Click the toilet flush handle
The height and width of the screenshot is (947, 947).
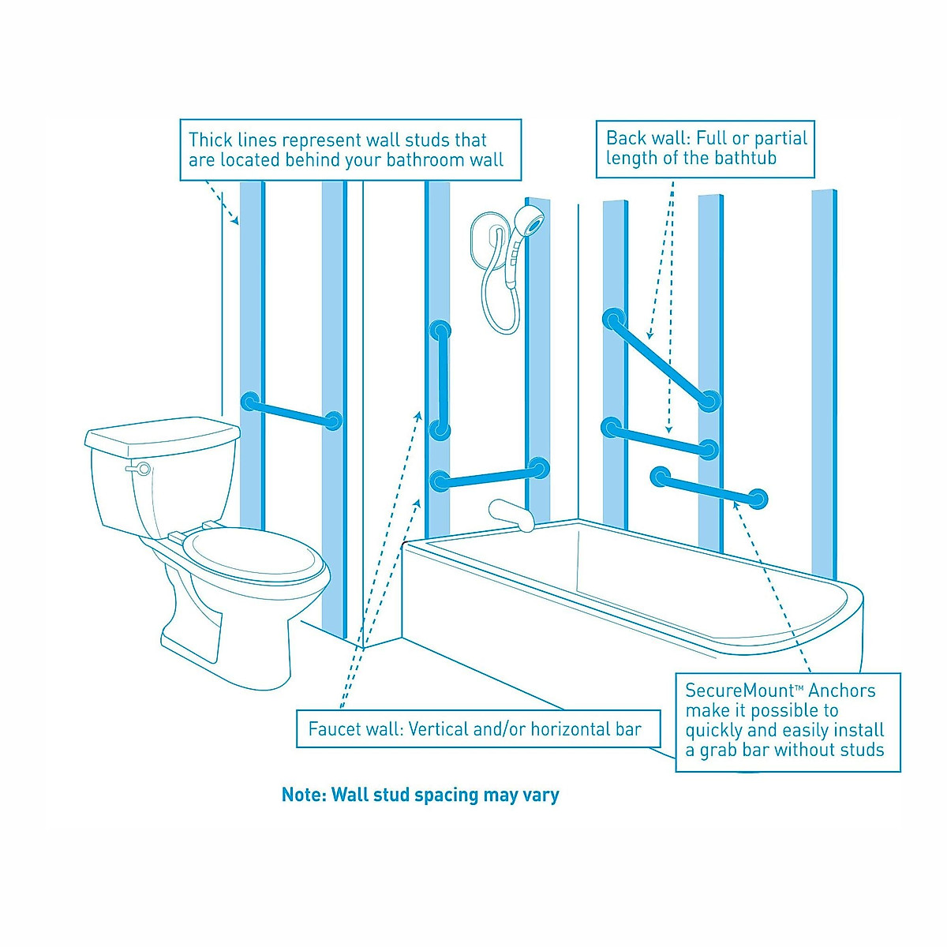point(140,469)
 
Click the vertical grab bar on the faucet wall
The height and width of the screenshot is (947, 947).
point(440,380)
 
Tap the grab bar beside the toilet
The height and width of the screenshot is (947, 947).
point(292,411)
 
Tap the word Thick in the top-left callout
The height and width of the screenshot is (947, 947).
point(211,141)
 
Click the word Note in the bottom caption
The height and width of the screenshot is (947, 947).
point(303,795)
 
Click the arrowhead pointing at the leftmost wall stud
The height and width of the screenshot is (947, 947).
point(234,222)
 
